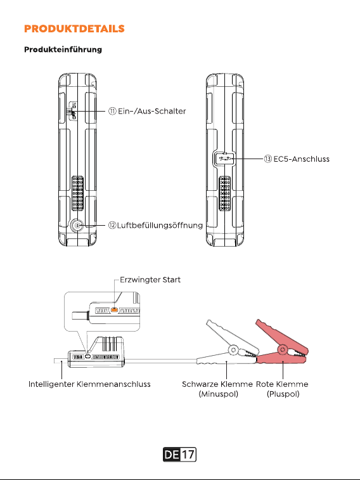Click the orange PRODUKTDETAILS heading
click(74, 29)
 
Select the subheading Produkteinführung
click(63, 49)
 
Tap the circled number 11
click(112, 111)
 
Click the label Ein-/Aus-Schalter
click(152, 111)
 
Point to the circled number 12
click(112, 226)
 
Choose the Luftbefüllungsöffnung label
click(160, 226)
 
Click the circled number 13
click(267, 159)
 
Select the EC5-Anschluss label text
click(301, 159)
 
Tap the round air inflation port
click(77, 226)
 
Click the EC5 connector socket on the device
click(224, 159)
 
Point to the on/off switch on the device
click(72, 111)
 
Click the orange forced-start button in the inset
click(114, 310)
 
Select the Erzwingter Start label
click(150, 280)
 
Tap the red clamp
click(282, 346)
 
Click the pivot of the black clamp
click(233, 349)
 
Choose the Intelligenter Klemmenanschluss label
click(89, 384)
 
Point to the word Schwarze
click(200, 384)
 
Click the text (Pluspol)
click(283, 394)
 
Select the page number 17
click(188, 455)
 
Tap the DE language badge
click(172, 455)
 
